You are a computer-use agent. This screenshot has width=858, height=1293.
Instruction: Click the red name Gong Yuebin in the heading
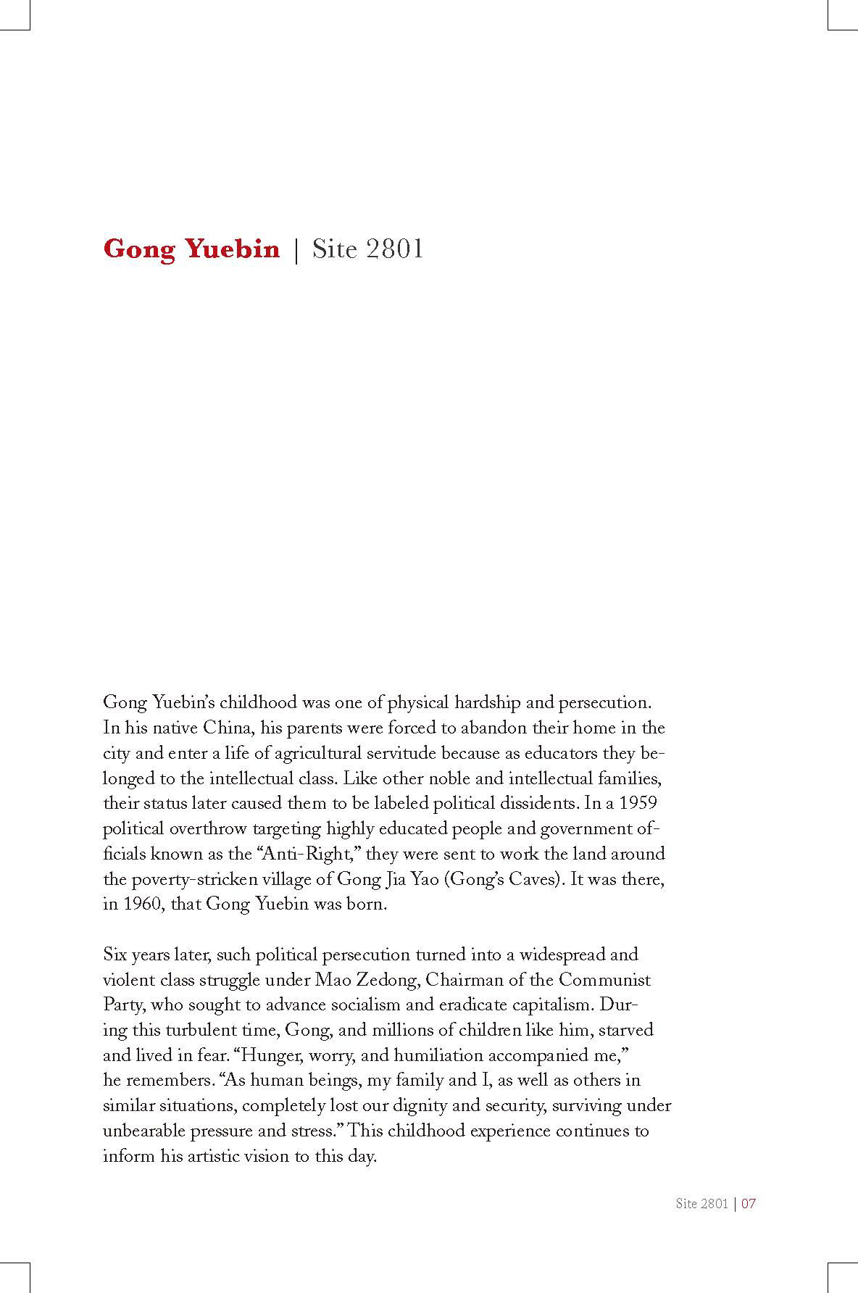(191, 249)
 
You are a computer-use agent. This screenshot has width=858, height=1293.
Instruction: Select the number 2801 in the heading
(394, 249)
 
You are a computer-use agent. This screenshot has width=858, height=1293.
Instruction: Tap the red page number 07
(749, 1204)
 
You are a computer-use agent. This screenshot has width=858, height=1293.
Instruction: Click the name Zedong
(388, 980)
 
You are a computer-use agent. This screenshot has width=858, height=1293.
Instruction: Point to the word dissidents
(526, 804)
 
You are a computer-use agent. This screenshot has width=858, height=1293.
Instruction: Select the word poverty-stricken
(191, 880)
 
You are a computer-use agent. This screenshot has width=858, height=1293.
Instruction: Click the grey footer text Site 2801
(701, 1204)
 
